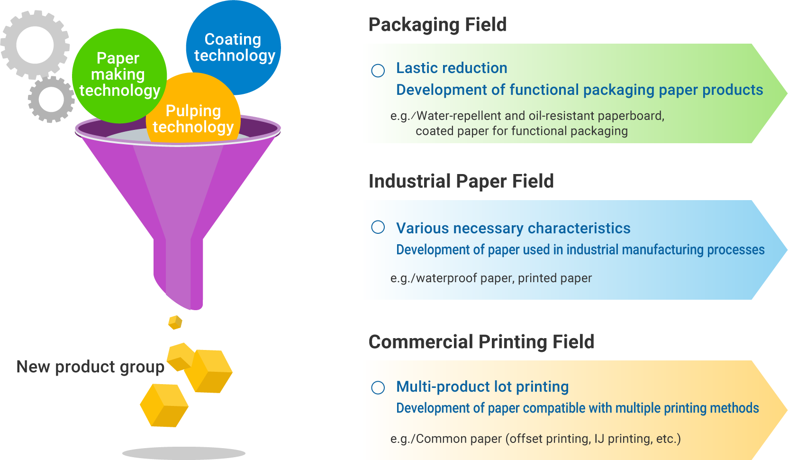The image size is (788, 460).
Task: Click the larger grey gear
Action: tap(35, 45)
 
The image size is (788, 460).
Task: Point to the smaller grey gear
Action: tap(51, 100)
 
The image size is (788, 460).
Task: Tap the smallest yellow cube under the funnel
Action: tap(175, 322)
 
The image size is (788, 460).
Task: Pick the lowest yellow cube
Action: tap(164, 405)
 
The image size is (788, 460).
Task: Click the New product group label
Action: tap(90, 367)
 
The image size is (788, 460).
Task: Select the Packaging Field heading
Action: tap(437, 25)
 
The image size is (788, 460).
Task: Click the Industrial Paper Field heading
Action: tap(461, 181)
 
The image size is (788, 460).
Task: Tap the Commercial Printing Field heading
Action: tap(481, 342)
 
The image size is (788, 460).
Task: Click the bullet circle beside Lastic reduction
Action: tap(378, 71)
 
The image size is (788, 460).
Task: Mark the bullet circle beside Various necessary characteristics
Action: tap(378, 227)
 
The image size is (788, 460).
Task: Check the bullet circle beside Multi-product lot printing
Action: tap(378, 387)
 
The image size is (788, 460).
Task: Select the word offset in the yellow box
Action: tap(526, 439)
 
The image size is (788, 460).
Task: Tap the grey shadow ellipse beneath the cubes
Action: tap(184, 453)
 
